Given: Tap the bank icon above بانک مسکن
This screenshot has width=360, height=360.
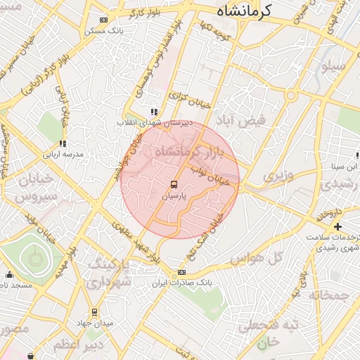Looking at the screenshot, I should pos(104,20).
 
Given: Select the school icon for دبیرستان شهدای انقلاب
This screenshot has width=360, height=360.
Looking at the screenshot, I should pos(153,112).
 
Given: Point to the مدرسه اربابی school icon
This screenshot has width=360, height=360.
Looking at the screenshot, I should pos(63,143).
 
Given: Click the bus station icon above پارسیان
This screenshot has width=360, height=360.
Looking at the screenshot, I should pos(174,186).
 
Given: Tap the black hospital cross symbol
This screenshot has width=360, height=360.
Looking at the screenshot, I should pos(338,226).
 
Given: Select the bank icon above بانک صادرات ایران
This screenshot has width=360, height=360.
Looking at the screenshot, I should pos(181,272).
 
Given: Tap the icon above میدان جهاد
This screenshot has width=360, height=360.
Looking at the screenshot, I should pos(94,312).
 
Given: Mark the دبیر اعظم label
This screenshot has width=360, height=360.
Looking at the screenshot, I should pos(78,345).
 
